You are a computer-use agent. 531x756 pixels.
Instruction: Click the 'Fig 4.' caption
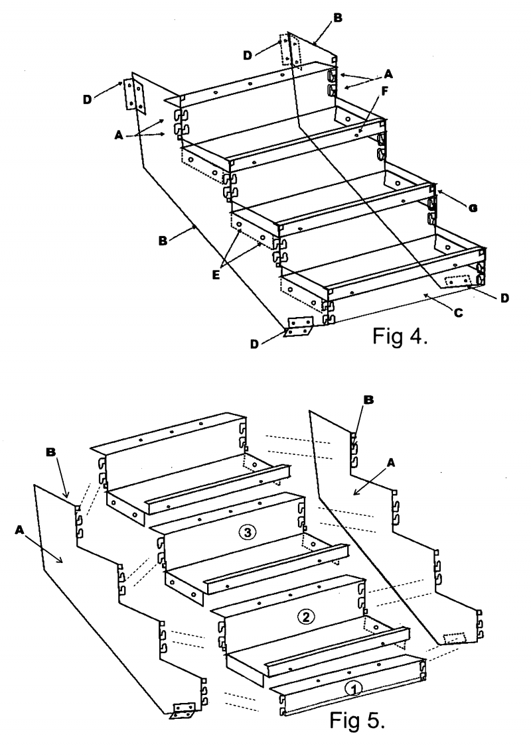[x=399, y=336]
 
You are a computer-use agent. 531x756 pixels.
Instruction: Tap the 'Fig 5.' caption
[x=357, y=720]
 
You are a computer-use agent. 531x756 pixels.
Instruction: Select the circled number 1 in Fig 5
[x=354, y=689]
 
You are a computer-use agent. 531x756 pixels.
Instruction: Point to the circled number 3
[x=247, y=533]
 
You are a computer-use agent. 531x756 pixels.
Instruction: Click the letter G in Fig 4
[x=473, y=208]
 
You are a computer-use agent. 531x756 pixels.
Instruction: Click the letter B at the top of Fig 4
[x=337, y=18]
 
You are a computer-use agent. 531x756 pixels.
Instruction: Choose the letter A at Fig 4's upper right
[x=388, y=74]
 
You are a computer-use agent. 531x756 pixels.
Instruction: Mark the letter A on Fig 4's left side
[x=119, y=136]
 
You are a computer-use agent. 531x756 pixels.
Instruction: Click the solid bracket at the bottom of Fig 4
[x=299, y=326]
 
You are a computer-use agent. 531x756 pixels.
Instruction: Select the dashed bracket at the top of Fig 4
[x=291, y=50]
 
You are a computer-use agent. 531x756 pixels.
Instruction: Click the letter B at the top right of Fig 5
[x=369, y=400]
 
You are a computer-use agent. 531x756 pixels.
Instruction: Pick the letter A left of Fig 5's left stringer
[x=19, y=530]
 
